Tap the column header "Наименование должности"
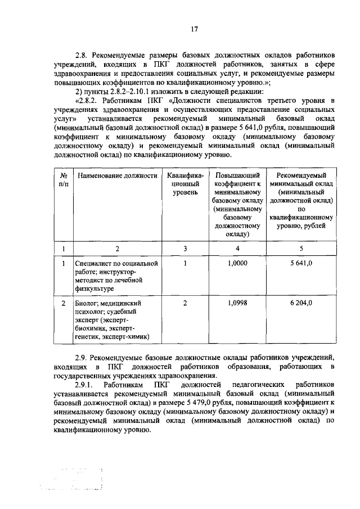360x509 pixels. point(117,175)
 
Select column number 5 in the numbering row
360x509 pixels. point(301,247)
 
